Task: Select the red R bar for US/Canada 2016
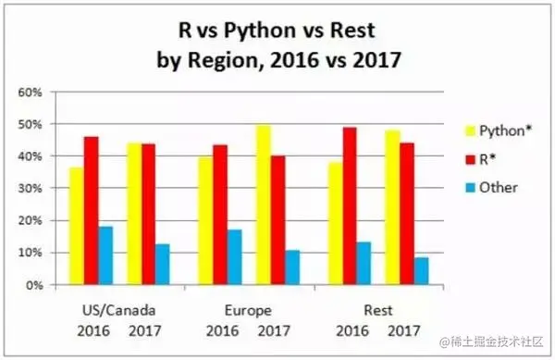(x=92, y=211)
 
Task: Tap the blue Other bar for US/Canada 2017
(x=163, y=265)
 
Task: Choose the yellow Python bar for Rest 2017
(x=391, y=207)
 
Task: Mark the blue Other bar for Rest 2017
(x=421, y=271)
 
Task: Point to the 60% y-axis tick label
(x=30, y=93)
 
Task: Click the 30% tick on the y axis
(x=30, y=189)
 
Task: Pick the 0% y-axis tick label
(x=33, y=285)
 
